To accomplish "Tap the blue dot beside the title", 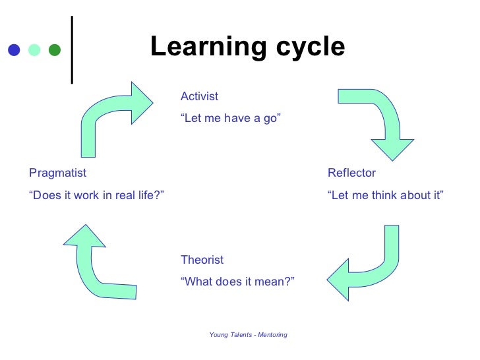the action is [15, 50].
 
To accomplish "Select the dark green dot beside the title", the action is [55, 50].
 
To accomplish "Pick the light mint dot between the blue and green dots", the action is [35, 50].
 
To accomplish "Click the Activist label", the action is [199, 96].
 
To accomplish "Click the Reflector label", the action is [351, 173].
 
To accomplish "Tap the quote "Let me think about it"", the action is [386, 195].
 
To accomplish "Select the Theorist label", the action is [202, 260].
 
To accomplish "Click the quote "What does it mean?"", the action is [237, 282].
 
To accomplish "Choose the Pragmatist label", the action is [57, 173].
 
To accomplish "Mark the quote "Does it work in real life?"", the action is [96, 195].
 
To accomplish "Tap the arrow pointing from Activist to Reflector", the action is [382, 119].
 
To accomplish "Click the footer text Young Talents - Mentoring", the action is [248, 335].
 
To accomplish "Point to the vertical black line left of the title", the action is [71, 49].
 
